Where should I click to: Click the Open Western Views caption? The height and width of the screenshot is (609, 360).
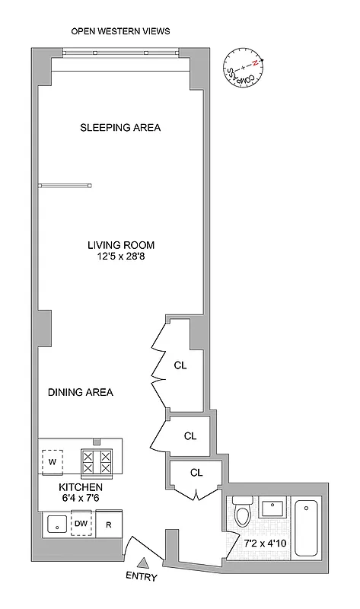pyautogui.click(x=120, y=31)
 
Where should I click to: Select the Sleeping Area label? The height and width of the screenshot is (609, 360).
pyautogui.click(x=120, y=127)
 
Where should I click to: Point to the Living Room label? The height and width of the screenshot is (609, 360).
pyautogui.click(x=120, y=245)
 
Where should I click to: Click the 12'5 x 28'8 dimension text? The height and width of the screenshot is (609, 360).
pyautogui.click(x=120, y=257)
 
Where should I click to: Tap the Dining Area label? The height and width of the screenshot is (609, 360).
pyautogui.click(x=80, y=392)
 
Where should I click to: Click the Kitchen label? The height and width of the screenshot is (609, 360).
pyautogui.click(x=80, y=486)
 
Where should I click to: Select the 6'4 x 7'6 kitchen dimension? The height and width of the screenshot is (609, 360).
pyautogui.click(x=80, y=498)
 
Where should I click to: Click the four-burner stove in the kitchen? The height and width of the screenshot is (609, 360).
pyautogui.click(x=97, y=462)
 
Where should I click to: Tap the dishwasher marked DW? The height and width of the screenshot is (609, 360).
pyautogui.click(x=81, y=524)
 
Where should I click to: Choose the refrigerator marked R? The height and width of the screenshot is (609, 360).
pyautogui.click(x=108, y=525)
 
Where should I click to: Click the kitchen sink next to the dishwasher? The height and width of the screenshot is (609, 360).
pyautogui.click(x=54, y=524)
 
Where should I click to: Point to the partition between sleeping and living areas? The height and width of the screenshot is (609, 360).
pyautogui.click(x=65, y=184)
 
